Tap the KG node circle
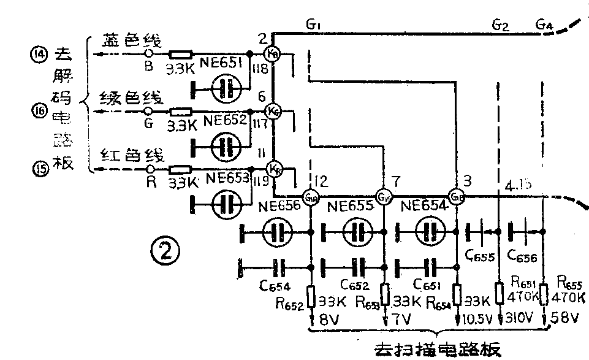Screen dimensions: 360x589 274,111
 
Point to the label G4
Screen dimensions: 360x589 544,25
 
